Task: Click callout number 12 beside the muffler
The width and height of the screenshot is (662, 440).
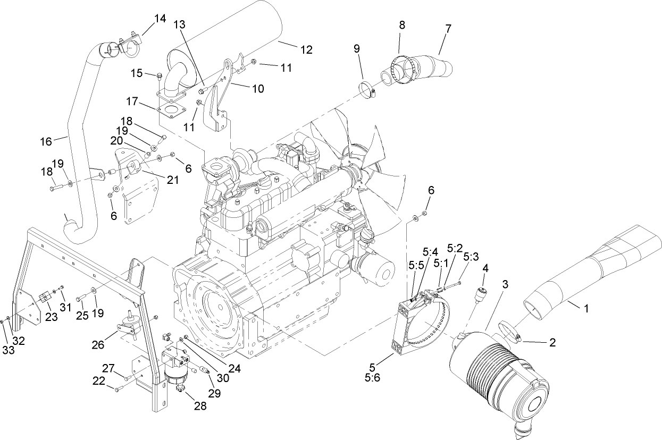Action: pos(306,49)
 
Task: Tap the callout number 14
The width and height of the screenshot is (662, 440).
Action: pos(160,19)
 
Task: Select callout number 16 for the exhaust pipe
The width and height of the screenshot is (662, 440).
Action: pos(46,141)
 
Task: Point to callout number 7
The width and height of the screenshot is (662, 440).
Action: pos(448,29)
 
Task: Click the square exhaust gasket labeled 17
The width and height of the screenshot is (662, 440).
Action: pos(171,112)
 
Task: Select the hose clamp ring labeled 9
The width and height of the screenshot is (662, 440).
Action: pos(367,89)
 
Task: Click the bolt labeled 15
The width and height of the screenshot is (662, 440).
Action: pos(159,79)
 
